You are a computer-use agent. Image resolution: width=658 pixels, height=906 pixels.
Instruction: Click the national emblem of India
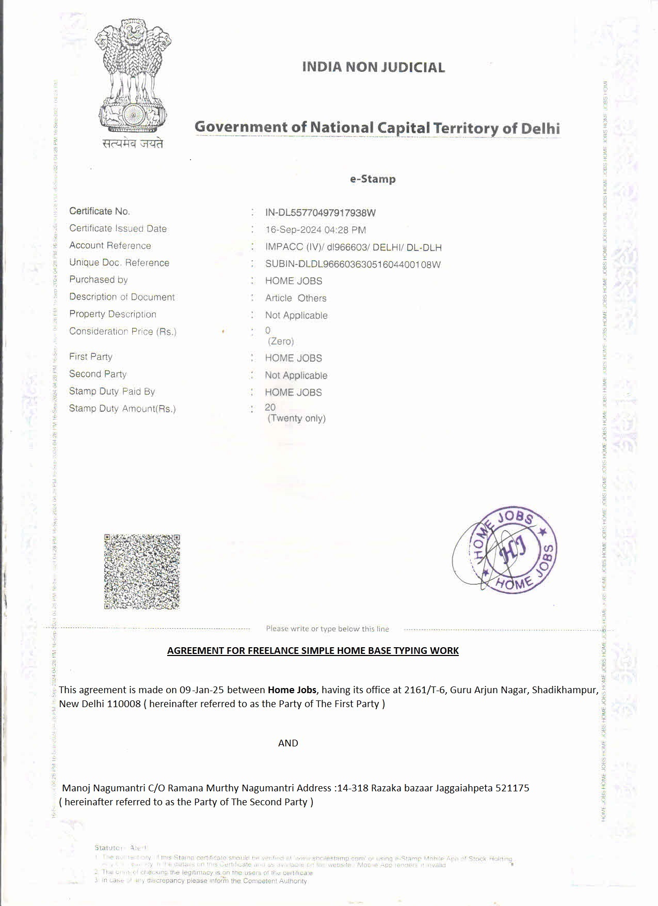133,75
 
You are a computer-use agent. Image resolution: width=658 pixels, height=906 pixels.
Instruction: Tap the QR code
142,572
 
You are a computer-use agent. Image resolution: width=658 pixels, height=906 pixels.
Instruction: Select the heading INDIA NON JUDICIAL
373,67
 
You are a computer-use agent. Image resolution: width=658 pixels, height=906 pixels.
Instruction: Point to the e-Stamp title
373,179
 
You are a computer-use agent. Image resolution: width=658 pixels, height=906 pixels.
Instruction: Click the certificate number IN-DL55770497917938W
320,213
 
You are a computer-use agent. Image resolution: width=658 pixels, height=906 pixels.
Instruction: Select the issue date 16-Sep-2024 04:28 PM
315,230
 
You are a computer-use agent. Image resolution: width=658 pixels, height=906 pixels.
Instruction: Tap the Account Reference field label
110,245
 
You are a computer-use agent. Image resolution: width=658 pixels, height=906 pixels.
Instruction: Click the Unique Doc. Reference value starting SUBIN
352,264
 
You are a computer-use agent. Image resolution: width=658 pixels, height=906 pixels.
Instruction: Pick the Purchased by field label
99,279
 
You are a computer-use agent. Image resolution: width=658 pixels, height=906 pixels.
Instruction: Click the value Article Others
296,298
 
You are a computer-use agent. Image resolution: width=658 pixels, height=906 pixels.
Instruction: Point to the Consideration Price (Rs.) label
123,332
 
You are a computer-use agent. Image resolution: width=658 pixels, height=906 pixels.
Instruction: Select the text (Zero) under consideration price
280,341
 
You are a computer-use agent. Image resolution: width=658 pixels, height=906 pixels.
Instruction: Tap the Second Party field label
98,374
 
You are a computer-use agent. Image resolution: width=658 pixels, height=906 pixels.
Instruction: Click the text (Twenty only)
296,418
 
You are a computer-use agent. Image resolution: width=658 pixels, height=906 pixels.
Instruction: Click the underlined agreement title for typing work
313,650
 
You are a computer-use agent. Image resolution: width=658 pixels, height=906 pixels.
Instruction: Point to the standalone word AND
288,743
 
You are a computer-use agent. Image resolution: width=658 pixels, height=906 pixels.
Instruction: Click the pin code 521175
512,788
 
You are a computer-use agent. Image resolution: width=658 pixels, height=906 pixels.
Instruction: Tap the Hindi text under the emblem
133,144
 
